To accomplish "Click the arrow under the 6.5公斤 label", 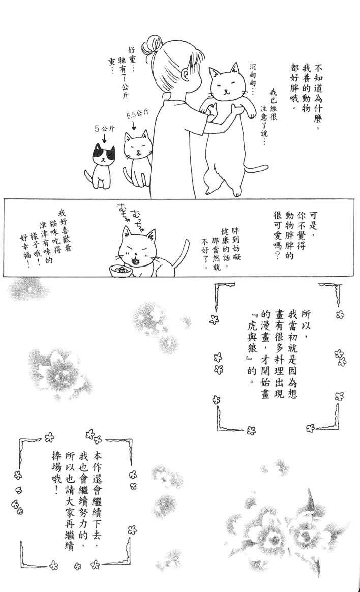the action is coord(135,124).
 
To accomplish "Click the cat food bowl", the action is coord(119,271).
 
